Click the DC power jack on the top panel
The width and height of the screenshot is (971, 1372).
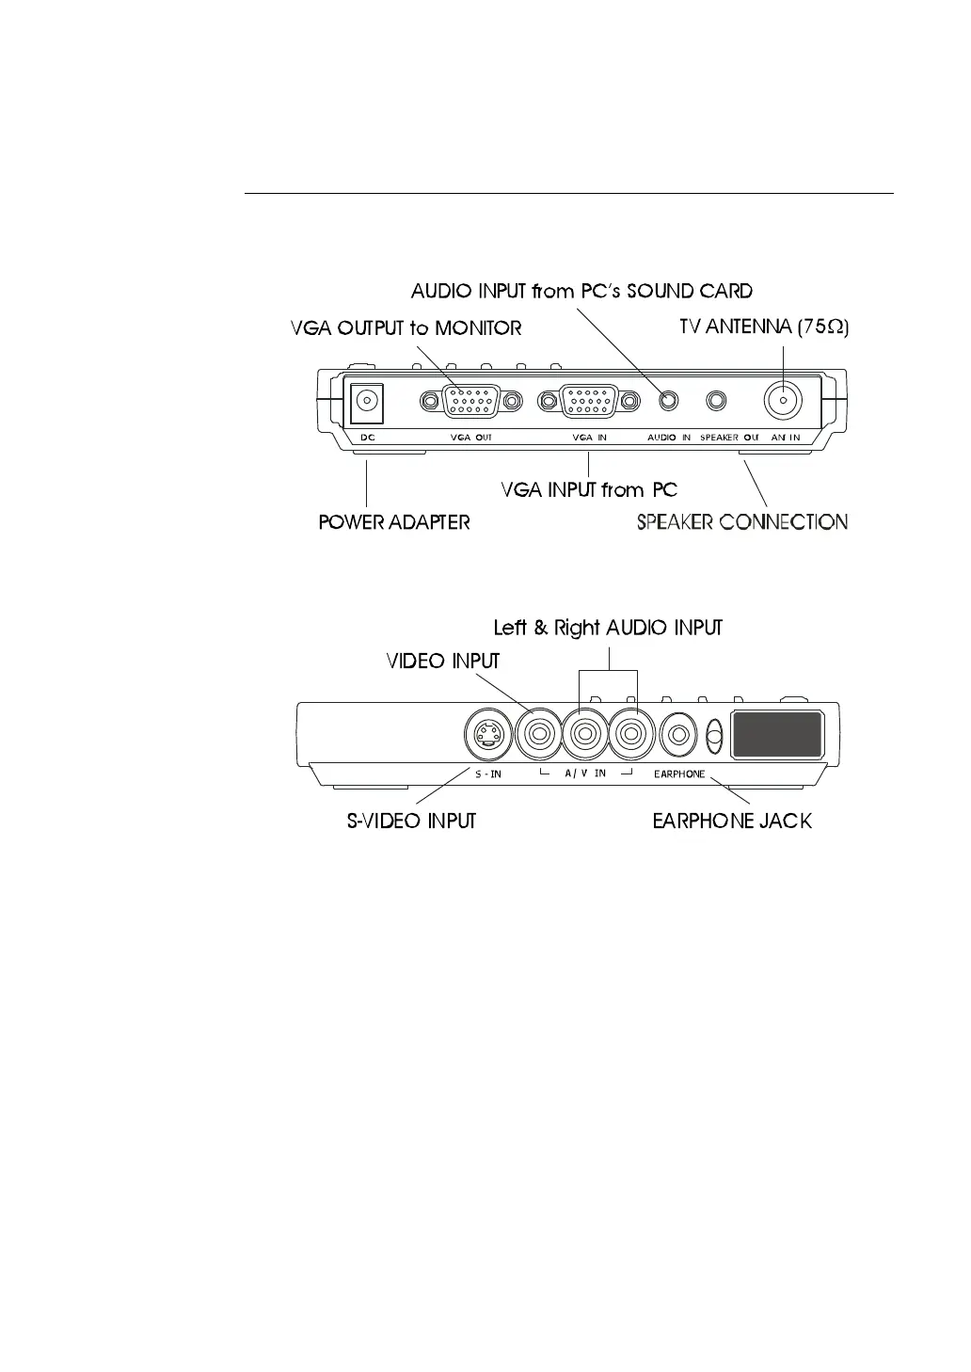[367, 402]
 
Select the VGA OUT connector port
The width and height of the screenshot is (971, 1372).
[471, 402]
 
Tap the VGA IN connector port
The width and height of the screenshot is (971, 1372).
[589, 402]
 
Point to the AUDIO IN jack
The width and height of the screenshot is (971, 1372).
[668, 401]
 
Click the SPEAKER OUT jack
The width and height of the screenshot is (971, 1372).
[717, 401]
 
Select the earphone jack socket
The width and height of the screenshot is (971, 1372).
[678, 733]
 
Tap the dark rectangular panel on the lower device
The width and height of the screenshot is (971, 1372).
[777, 734]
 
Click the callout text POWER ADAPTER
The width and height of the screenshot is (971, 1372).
[394, 522]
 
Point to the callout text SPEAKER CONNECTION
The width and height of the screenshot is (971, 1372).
[742, 522]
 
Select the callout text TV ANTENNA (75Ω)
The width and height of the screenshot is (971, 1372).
[764, 327]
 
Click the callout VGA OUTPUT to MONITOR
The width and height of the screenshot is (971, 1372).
[406, 328]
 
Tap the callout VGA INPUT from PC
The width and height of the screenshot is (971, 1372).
[589, 490]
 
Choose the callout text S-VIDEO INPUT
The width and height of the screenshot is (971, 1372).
[412, 822]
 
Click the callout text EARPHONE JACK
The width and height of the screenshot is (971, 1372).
[732, 822]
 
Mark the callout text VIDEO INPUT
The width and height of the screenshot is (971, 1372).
[443, 662]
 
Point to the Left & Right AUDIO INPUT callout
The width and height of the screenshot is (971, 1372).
[608, 628]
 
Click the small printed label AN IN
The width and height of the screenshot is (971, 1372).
[785, 438]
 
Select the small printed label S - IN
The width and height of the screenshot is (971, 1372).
[487, 774]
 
